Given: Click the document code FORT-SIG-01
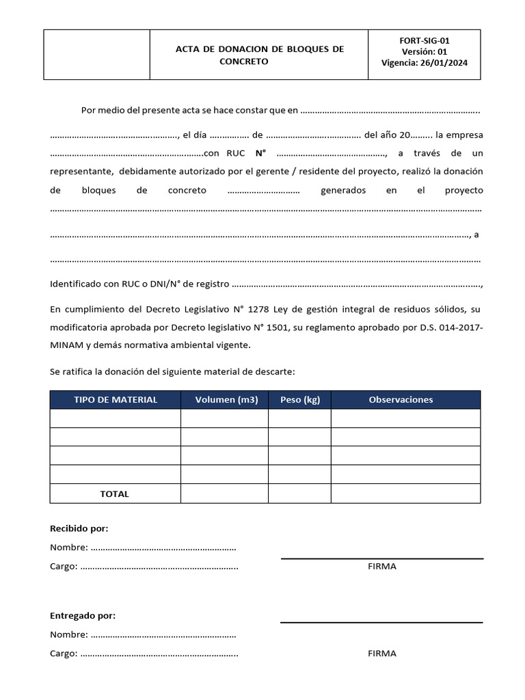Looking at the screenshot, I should pyautogui.click(x=425, y=40).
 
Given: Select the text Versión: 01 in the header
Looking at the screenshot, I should pyautogui.click(x=425, y=52).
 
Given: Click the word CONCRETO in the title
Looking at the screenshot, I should pyautogui.click(x=244, y=62).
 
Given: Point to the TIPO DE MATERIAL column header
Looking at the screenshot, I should pyautogui.click(x=116, y=400).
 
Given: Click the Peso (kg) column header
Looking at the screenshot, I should pyautogui.click(x=300, y=400).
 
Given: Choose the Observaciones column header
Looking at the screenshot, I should pyautogui.click(x=401, y=400).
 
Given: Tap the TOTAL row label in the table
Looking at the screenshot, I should pyautogui.click(x=114, y=494).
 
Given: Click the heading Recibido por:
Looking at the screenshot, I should pyautogui.click(x=79, y=528).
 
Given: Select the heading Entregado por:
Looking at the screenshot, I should pyautogui.click(x=83, y=615).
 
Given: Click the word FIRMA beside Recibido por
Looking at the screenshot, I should pyautogui.click(x=381, y=566).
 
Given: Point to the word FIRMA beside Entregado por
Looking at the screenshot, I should pyautogui.click(x=381, y=653).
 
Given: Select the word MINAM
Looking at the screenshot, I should pyautogui.click(x=66, y=345).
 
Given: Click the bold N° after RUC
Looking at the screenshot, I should pyautogui.click(x=260, y=153).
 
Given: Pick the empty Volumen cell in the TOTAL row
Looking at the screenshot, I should pyautogui.click(x=224, y=494).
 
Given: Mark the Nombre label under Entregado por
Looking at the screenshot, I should pyautogui.click(x=69, y=634).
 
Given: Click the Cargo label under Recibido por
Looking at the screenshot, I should pyautogui.click(x=64, y=566).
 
